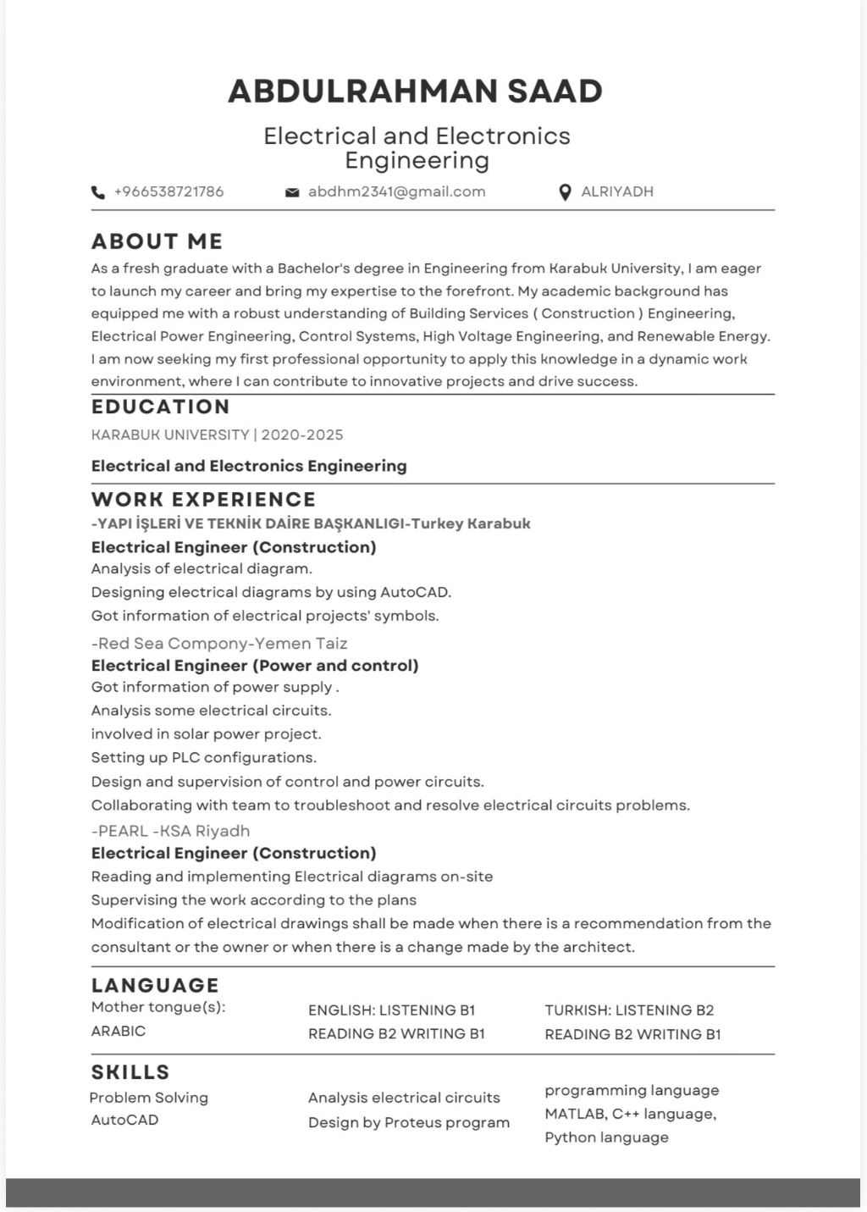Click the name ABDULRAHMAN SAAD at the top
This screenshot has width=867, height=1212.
click(415, 91)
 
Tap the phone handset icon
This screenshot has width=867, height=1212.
click(98, 192)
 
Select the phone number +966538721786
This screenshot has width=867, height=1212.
click(168, 191)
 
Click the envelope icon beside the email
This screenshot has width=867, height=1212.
click(292, 192)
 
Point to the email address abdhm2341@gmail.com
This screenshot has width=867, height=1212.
click(396, 191)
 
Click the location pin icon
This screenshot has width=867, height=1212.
click(566, 192)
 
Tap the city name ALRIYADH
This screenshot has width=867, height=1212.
click(616, 191)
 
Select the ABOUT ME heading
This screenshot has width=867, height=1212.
click(157, 241)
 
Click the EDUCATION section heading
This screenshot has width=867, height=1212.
click(160, 407)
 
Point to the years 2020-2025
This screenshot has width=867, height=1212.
click(302, 434)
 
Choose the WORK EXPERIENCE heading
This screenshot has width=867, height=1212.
click(203, 499)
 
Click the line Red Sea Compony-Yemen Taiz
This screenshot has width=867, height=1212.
click(219, 643)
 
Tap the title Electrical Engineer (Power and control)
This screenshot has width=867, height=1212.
click(255, 665)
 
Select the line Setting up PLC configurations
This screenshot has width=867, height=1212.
click(203, 757)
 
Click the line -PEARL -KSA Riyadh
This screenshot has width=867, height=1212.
click(170, 831)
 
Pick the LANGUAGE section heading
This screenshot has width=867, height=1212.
click(155, 985)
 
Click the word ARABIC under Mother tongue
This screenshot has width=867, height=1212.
click(119, 1031)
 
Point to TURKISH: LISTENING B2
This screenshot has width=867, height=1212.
click(629, 1010)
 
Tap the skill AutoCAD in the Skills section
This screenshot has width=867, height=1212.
click(124, 1120)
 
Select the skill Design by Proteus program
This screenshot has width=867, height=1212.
click(409, 1122)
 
